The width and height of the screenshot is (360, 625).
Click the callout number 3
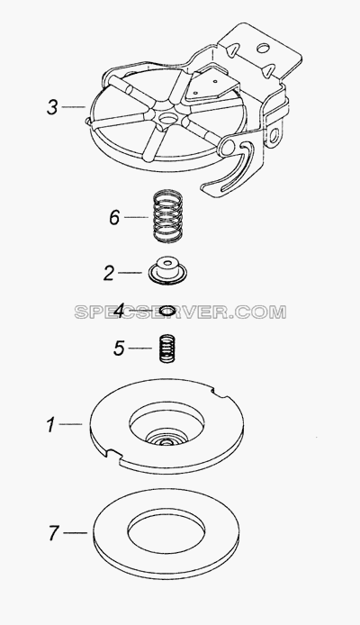pos(52,107)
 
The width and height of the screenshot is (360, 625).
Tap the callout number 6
pos(114,218)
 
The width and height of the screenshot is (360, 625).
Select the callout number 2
pos(109,273)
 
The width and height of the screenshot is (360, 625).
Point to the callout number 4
pos(119,310)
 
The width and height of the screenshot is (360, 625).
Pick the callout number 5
pos(119,349)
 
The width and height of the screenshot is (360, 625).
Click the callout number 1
pos(50,425)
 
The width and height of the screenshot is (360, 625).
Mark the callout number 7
pos(54,533)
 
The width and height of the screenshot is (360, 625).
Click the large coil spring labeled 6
pos(167,217)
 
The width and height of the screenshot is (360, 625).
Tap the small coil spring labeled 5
pos(167,349)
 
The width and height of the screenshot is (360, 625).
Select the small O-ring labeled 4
pos(167,310)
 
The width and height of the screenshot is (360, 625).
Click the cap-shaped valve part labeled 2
pos(167,270)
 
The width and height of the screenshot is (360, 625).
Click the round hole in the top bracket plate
pos(263,49)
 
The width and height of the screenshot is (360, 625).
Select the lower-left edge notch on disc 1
pos(113,454)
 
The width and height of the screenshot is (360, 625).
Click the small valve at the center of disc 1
pos(165,439)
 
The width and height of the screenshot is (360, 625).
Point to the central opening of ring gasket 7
pos(166,533)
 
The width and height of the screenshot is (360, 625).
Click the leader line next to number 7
pos(75,533)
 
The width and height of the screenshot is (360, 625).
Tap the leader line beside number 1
pos(70,424)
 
